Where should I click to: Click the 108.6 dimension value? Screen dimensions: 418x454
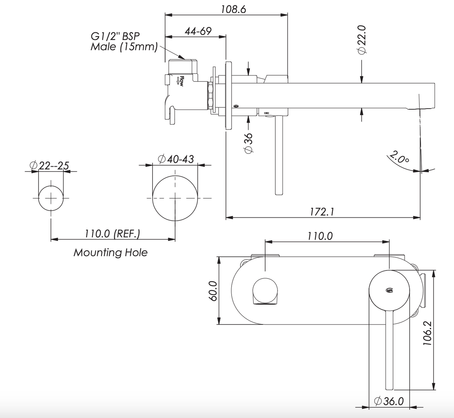pos(233,9)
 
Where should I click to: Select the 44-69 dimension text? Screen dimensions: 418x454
pos(198,31)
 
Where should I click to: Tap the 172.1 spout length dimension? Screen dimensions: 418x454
pos(322,212)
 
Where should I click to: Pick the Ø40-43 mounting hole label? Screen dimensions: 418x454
pos(176,159)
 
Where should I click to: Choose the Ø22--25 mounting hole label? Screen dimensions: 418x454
pos(49,165)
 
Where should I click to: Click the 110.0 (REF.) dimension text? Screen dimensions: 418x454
pos(112,234)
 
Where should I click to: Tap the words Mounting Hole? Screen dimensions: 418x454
pos(110,253)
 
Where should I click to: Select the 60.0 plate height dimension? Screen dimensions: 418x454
pos(212,291)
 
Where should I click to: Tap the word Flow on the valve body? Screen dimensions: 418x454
pos(181,81)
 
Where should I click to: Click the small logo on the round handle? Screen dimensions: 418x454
pos(389,289)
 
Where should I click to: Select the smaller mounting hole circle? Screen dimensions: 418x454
pos(51,198)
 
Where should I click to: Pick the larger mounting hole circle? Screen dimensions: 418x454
pos(175,198)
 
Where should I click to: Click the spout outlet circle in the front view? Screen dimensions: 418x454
pos(265,291)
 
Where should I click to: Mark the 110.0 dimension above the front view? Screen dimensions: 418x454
pos(320,236)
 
